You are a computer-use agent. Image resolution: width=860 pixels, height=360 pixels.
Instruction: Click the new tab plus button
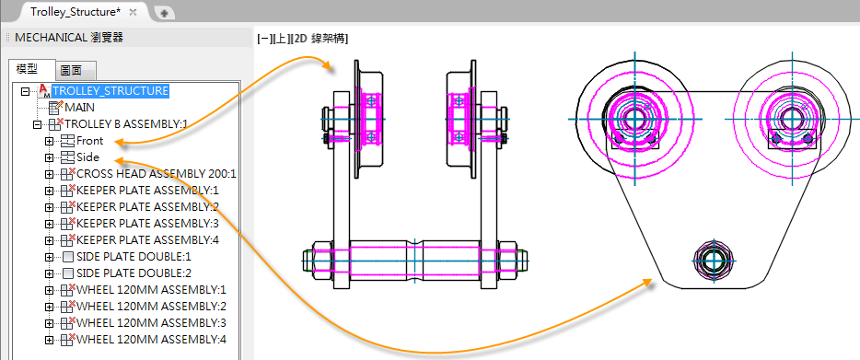pyautogui.click(x=164, y=13)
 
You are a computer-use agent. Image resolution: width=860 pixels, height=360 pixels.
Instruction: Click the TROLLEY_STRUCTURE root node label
pyautogui.click(x=110, y=90)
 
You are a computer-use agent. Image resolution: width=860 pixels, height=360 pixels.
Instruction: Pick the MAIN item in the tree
pyautogui.click(x=79, y=108)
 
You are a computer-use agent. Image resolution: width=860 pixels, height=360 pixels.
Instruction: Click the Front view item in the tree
pyautogui.click(x=90, y=141)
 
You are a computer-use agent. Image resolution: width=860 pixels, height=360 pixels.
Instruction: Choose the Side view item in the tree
pyautogui.click(x=87, y=157)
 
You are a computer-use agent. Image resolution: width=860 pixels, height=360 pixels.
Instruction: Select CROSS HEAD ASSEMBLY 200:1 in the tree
pyautogui.click(x=157, y=174)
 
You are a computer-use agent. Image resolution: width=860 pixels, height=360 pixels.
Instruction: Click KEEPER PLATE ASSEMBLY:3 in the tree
pyautogui.click(x=147, y=224)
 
